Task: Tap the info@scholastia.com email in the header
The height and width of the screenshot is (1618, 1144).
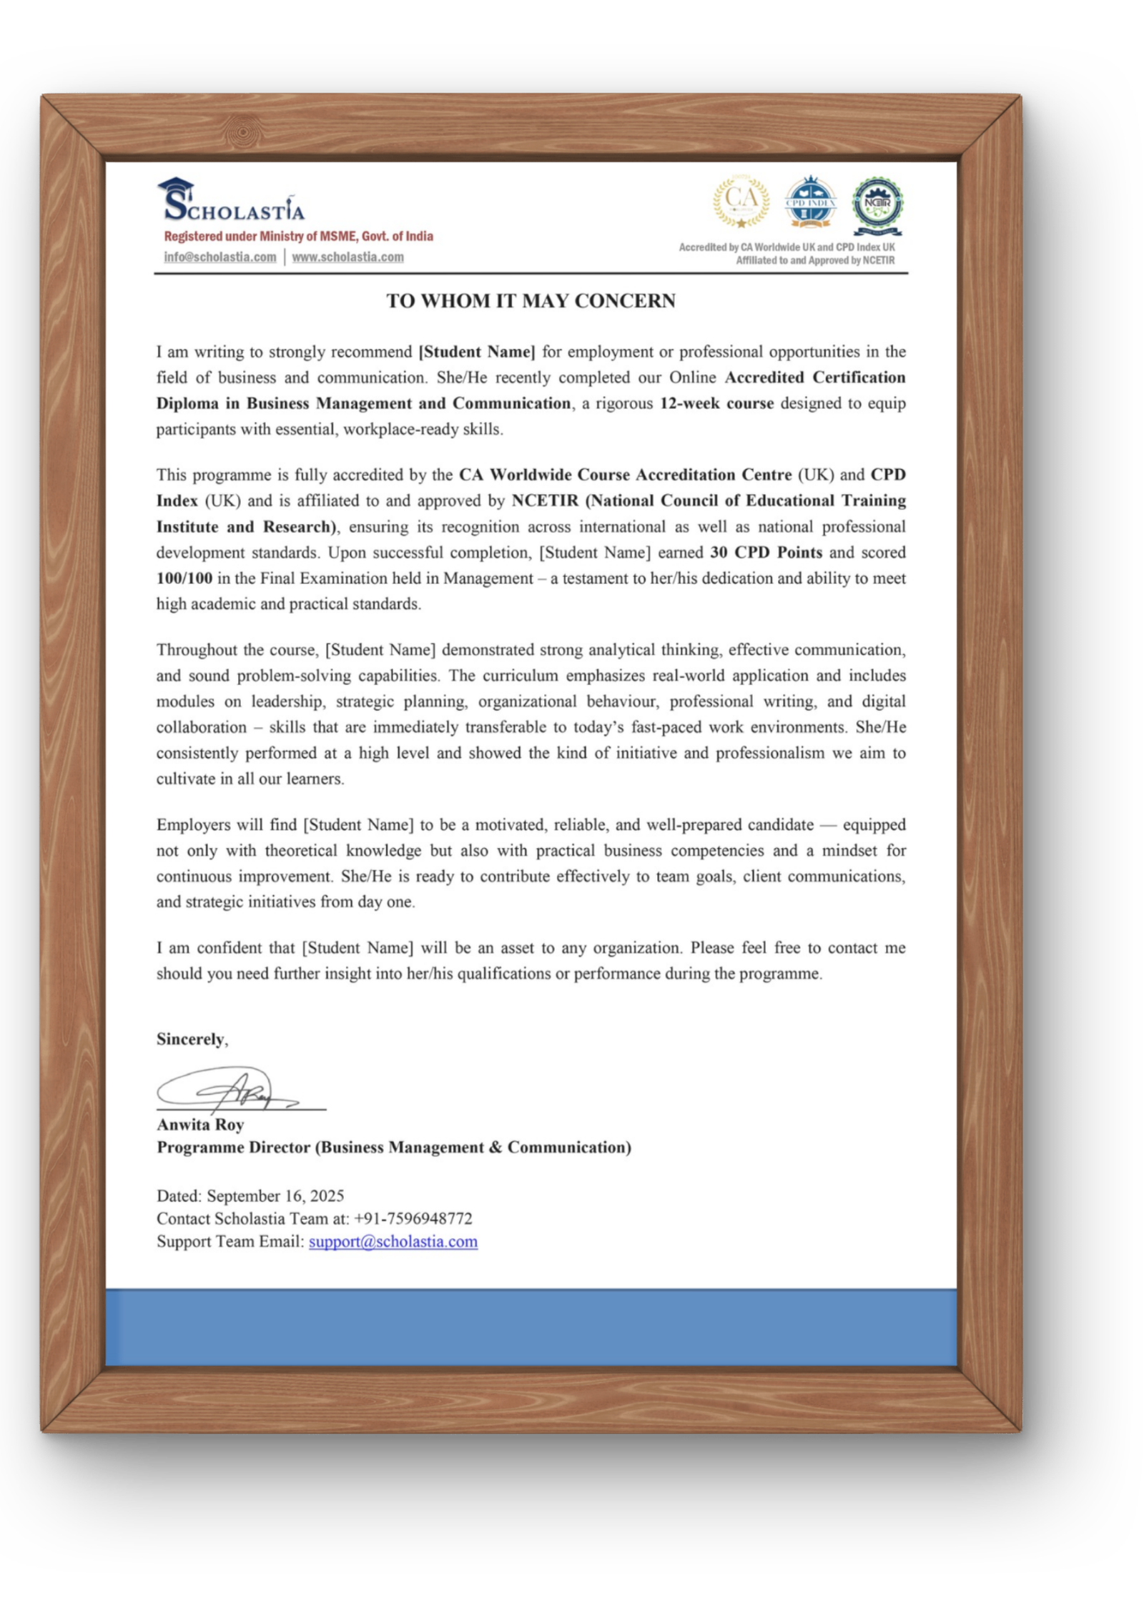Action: coord(220,257)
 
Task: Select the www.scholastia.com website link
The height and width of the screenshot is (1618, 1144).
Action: coord(347,257)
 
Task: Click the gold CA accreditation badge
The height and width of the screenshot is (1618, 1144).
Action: coord(741,202)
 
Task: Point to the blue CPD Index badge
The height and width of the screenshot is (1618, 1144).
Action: coord(810,202)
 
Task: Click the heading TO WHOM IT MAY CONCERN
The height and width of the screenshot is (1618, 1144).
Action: coord(531,301)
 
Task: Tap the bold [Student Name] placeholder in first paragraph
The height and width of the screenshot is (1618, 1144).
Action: coord(476,352)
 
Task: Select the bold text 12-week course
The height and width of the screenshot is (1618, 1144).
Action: coord(716,403)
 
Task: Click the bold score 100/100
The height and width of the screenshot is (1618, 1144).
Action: coord(184,578)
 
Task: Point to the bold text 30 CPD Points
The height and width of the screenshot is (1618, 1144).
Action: coord(766,553)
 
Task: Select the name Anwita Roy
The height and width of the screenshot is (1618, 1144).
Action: coord(200,1125)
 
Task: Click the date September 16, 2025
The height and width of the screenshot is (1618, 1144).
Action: coord(275,1196)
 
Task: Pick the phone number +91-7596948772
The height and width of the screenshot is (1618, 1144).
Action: coord(413,1219)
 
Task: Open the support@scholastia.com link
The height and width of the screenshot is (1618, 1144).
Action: coord(393,1242)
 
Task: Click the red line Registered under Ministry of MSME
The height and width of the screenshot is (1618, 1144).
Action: coord(298,237)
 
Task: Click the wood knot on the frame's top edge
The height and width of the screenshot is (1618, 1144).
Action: coord(243,132)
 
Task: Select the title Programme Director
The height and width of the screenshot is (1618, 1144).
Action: coord(233,1148)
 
